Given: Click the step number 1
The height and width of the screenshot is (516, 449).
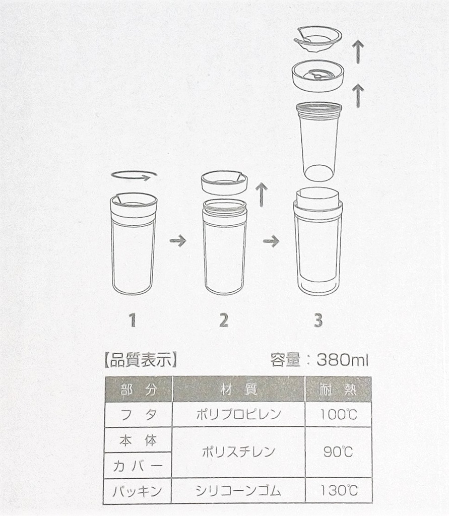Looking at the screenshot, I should [x=133, y=320].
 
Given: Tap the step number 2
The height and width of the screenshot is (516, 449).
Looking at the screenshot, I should [x=224, y=320].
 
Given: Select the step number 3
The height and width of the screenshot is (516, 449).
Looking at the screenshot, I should [x=318, y=320].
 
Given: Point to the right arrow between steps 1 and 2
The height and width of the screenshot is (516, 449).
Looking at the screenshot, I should [x=177, y=241].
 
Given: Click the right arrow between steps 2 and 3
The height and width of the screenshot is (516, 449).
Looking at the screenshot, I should [x=271, y=241].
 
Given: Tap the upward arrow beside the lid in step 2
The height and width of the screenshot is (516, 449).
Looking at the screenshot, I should [x=261, y=195].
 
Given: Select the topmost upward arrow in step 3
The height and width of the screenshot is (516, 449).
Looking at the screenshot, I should [x=357, y=51].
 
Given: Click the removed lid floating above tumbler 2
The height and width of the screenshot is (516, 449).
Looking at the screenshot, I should [x=224, y=182].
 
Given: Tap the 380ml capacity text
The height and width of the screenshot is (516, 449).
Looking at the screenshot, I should [x=343, y=360].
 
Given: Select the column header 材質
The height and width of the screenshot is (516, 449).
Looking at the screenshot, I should [x=239, y=390].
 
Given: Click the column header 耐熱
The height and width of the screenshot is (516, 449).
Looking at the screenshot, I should [x=339, y=390].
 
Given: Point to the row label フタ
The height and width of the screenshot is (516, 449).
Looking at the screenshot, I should [x=138, y=415].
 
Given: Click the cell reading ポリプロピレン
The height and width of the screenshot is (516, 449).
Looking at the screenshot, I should [x=239, y=415].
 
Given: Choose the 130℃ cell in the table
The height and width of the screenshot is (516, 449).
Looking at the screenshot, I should [x=339, y=490].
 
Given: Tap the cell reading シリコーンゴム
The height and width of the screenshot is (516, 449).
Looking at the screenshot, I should [x=239, y=490].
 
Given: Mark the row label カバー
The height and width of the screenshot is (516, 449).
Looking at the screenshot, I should [x=138, y=465].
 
